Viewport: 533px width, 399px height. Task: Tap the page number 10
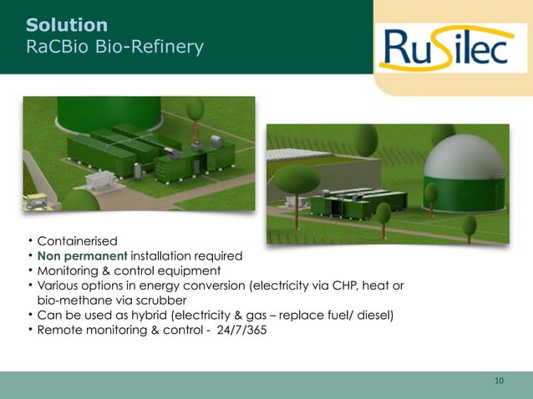click(499, 381)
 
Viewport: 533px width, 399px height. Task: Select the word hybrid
click(160, 315)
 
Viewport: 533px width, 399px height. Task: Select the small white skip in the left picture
click(99, 179)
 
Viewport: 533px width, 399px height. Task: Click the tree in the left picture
click(195, 110)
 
